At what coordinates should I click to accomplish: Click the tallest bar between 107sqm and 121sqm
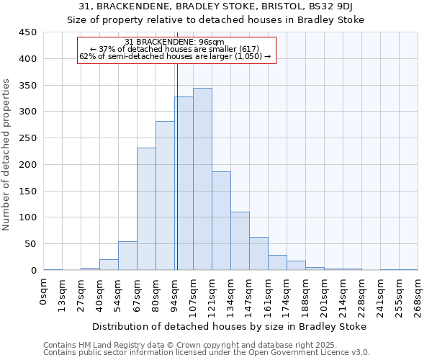coord(202,179)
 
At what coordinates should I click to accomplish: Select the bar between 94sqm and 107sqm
coord(184,184)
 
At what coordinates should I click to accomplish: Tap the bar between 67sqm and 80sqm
coord(146,209)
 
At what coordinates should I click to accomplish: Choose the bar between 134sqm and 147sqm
coord(240,241)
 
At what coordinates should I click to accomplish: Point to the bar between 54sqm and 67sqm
coord(127,256)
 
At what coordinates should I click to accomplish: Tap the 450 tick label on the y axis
coord(28,32)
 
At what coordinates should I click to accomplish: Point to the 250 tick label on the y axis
coord(28,138)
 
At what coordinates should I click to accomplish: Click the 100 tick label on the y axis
coord(28,217)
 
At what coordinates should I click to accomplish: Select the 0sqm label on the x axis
coord(44,287)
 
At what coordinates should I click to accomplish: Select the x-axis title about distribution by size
coord(230,326)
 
